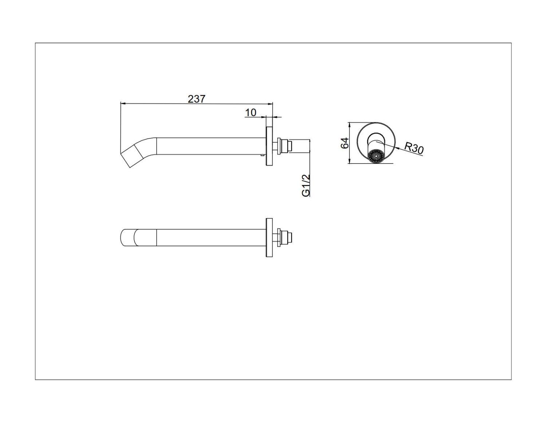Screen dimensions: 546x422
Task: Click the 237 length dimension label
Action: (197, 99)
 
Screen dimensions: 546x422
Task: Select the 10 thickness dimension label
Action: (250, 113)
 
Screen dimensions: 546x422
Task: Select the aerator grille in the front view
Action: (376, 157)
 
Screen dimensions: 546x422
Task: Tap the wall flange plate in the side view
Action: (269, 146)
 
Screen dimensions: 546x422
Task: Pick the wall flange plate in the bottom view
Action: (269, 237)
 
